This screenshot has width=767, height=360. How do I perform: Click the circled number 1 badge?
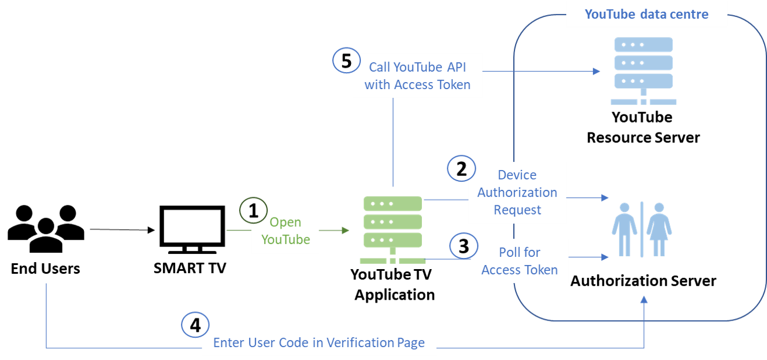253,211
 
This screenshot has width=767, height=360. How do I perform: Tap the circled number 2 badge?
461,169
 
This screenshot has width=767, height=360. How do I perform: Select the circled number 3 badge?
463,246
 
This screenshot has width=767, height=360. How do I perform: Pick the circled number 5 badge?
346,61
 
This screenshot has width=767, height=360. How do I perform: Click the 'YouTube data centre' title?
646,14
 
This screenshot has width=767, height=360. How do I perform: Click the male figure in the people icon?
625,229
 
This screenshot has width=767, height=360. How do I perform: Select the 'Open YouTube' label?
285,231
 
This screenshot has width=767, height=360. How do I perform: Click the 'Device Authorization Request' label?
517,192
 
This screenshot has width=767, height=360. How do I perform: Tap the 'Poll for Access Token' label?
520,261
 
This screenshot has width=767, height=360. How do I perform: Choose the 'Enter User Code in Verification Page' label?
319,343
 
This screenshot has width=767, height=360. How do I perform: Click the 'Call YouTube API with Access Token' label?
417,76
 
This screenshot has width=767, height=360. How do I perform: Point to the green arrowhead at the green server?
346,230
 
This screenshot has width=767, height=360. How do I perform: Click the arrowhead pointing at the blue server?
596,72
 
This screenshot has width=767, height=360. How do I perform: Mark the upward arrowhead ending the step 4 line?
645,300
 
